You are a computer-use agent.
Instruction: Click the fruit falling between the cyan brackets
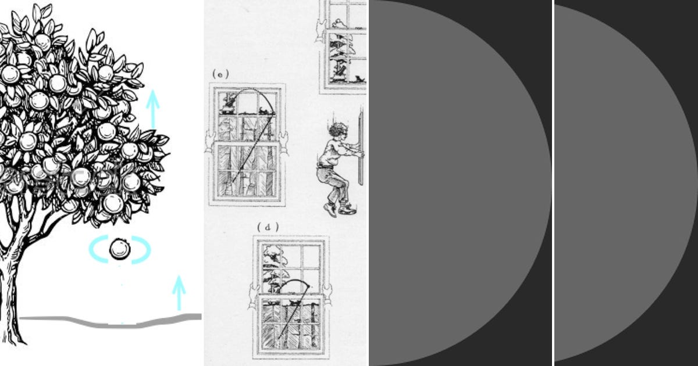(120, 249)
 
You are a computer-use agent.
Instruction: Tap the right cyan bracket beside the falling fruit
(142, 250)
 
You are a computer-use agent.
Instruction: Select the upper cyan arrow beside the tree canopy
(152, 108)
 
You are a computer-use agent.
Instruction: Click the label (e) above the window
(220, 74)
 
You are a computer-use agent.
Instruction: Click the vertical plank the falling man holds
(361, 148)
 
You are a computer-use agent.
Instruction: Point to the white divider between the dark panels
(553, 183)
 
